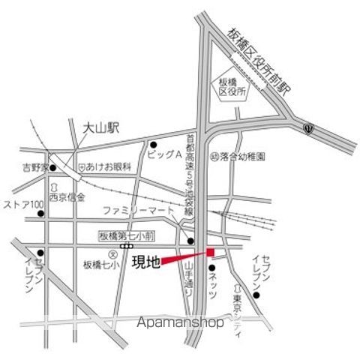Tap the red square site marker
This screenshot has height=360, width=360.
(x=211, y=251)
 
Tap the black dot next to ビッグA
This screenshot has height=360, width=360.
(x=153, y=145)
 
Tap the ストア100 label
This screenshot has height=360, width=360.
(x=25, y=204)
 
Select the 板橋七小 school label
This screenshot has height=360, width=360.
(x=100, y=263)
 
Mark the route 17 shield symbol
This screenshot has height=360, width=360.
(x=308, y=129)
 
